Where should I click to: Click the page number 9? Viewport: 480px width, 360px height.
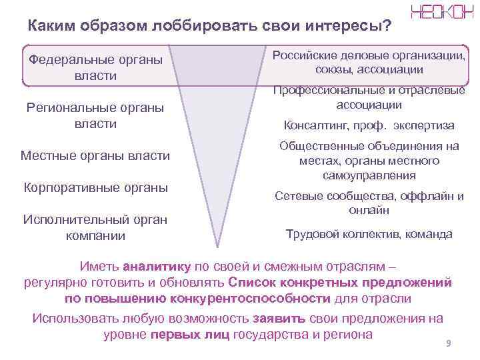(x=448, y=343)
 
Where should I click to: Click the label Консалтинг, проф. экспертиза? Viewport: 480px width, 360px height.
(x=369, y=125)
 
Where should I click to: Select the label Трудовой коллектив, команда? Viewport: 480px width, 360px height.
(x=369, y=234)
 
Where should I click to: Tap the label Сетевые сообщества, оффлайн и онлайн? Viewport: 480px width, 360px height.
(x=369, y=203)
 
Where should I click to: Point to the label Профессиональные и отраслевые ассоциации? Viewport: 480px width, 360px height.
(x=369, y=97)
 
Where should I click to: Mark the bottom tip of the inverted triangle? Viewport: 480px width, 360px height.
(x=217, y=245)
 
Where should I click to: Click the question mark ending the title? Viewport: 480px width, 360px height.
(x=387, y=26)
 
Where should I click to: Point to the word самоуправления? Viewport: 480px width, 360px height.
(x=369, y=175)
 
